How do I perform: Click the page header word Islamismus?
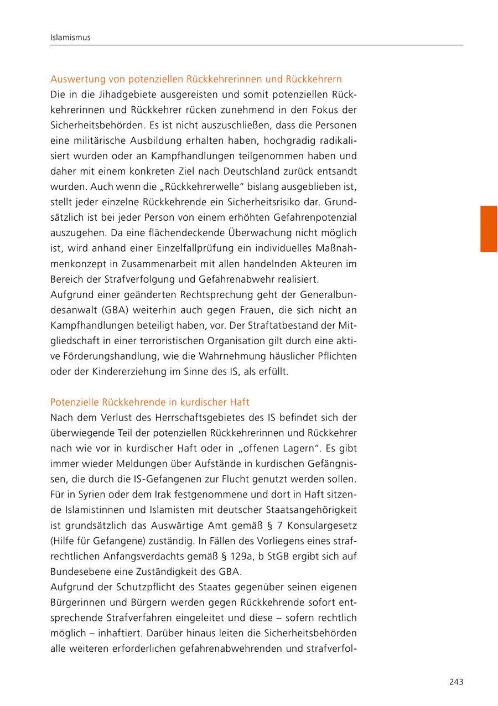[70, 38]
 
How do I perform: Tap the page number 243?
[456, 682]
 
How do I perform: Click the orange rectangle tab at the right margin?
[488, 229]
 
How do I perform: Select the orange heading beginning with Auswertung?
[196, 79]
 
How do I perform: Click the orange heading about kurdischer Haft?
[149, 402]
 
